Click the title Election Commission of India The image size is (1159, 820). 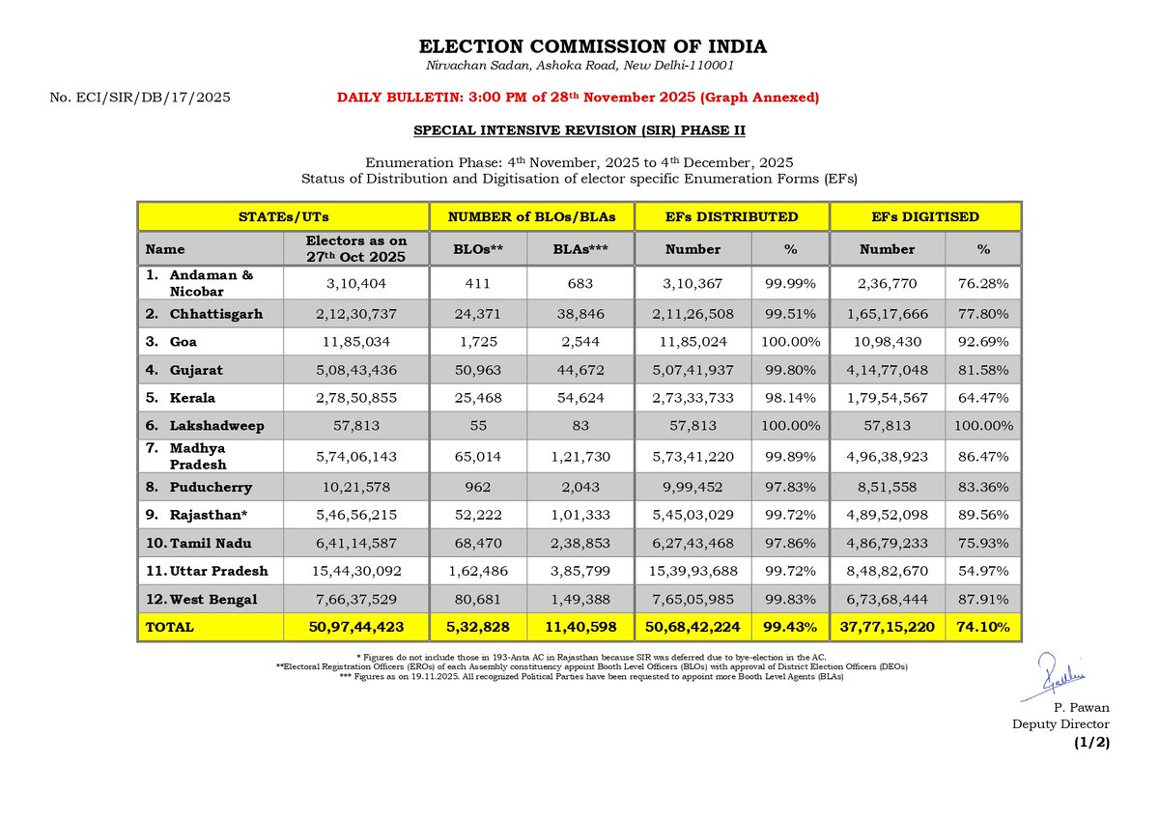coord(592,46)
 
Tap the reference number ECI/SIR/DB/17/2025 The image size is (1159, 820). coord(154,98)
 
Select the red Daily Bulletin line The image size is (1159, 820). coord(578,98)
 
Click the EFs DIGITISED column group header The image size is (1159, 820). coord(925,216)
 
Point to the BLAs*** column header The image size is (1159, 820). coord(580,249)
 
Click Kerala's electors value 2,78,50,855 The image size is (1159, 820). coord(356,398)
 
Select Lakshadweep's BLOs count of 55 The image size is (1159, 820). coord(478,426)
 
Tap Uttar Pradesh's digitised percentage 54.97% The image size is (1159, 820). coord(983,571)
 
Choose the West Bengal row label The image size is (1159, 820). coord(201,599)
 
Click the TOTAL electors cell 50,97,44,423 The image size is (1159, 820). coord(356,627)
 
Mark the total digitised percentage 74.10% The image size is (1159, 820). coord(983,627)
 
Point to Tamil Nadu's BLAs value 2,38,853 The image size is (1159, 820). coord(580,543)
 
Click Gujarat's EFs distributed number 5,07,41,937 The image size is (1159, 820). coord(693,371)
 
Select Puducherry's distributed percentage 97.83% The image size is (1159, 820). coord(790,488)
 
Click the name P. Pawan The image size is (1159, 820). coord(1082,707)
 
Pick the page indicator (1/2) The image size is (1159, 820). coord(1091,743)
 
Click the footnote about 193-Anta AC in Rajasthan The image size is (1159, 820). coord(591,657)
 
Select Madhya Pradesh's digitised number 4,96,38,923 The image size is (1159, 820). coord(888,457)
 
